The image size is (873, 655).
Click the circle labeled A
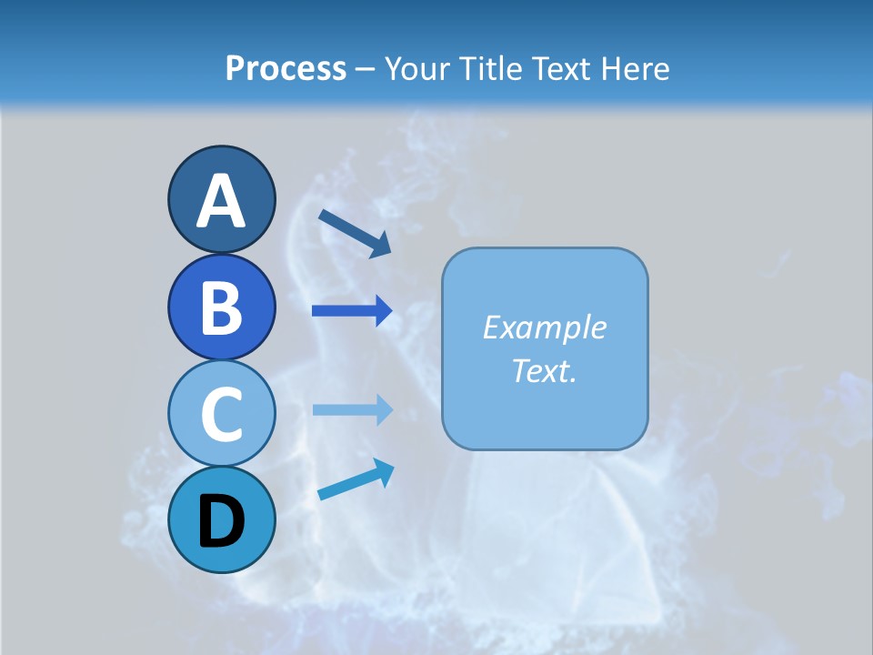pos(221,199)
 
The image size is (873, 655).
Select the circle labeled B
pos(221,307)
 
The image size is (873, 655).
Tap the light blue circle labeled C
pos(221,413)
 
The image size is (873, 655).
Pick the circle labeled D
pos(221,519)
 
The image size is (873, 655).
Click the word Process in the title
pos(286,68)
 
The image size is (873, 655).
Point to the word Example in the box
pos(544,327)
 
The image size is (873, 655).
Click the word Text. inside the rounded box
pos(544,370)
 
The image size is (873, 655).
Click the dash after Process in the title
pos(366,70)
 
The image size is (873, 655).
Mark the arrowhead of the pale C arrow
pos(384,409)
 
